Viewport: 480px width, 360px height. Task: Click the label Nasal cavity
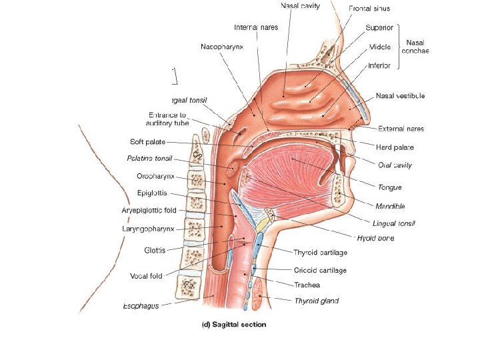(x=300, y=6)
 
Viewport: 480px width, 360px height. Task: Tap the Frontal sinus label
(x=369, y=9)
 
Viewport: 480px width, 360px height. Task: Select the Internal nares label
(x=256, y=27)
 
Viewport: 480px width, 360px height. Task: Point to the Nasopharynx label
(x=223, y=47)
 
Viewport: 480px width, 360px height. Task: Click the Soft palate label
(x=147, y=141)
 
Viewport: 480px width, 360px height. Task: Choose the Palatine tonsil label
(x=149, y=159)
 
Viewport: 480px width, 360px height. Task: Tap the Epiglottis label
(x=155, y=193)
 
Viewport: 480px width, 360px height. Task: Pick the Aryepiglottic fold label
(x=149, y=211)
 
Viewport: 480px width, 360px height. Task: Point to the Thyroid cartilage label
(x=320, y=253)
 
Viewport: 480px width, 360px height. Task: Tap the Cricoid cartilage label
(x=320, y=271)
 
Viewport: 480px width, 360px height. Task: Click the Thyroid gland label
(x=317, y=301)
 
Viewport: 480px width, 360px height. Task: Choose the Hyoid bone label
(x=375, y=238)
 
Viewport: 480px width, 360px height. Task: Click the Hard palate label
(x=396, y=147)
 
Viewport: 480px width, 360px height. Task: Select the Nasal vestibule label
(x=400, y=96)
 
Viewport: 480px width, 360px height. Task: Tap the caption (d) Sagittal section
(x=233, y=325)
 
